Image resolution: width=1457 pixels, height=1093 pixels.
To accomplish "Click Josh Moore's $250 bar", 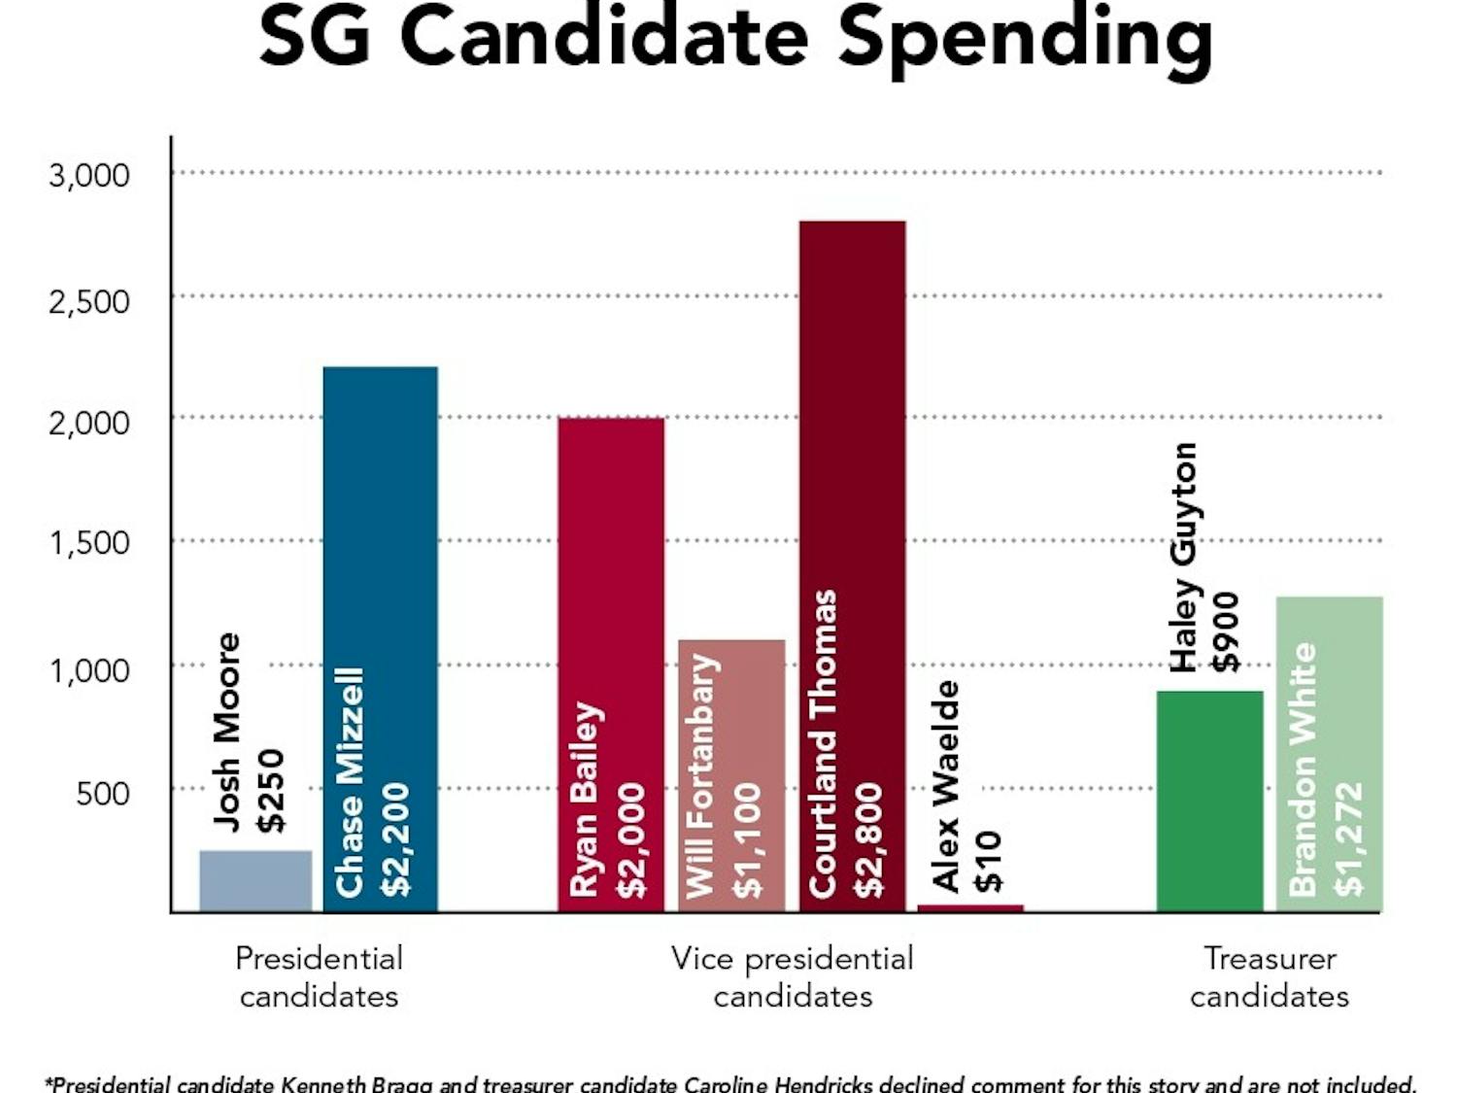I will (x=255, y=880).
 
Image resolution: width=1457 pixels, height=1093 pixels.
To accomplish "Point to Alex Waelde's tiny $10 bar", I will (x=970, y=908).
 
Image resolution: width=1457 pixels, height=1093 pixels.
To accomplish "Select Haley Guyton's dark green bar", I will (x=1209, y=802).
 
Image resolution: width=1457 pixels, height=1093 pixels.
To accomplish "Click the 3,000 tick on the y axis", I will (x=89, y=176).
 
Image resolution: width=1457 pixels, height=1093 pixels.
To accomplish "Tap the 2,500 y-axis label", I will (x=89, y=301).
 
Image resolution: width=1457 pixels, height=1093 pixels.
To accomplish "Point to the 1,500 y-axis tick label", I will (x=89, y=543).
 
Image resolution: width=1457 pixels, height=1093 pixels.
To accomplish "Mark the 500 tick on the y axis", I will (x=102, y=794).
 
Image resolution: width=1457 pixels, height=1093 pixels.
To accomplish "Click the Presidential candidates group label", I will (x=319, y=976).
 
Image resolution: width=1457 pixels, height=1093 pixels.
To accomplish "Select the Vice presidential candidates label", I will (x=793, y=976).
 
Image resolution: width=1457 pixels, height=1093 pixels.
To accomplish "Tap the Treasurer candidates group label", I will (x=1270, y=976).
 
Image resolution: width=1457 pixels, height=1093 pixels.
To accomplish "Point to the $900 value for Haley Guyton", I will (x=1226, y=632).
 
